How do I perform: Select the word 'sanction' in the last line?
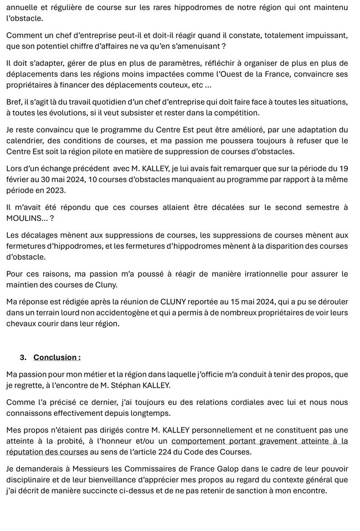(245, 489)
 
